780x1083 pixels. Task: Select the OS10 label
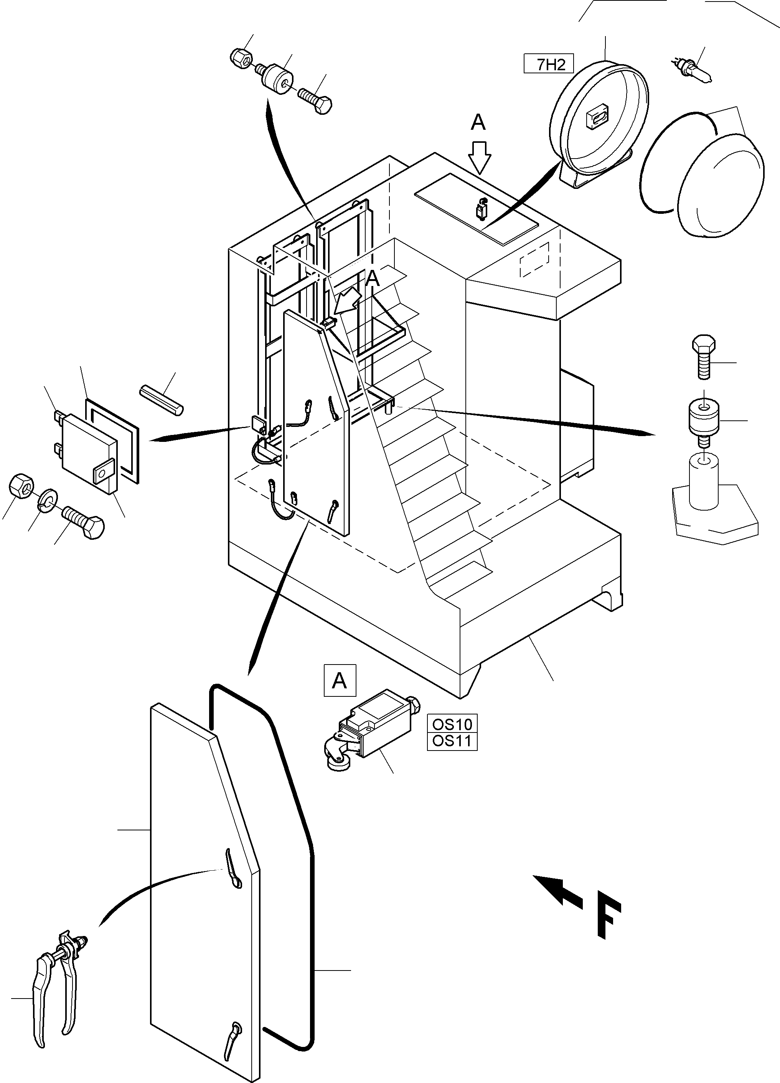(x=452, y=724)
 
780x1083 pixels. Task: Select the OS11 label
(x=452, y=741)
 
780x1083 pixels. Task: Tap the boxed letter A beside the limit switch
(x=340, y=680)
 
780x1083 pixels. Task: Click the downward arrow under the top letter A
(x=479, y=157)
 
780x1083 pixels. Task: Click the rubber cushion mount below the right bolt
(x=704, y=419)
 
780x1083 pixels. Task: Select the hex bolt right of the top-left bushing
(x=316, y=99)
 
